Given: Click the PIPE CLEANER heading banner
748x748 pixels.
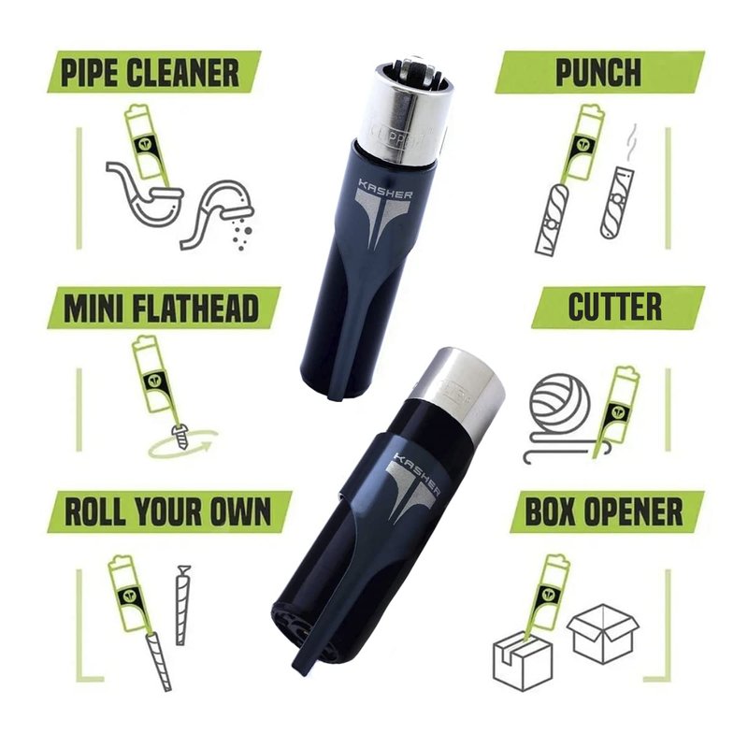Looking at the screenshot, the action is (153, 72).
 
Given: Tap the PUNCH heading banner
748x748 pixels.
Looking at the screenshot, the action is (599, 72).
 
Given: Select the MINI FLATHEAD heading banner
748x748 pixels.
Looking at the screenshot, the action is (164, 308).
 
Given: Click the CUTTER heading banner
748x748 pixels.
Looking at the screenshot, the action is (618, 308).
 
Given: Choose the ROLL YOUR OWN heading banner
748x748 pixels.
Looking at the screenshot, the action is (169, 511).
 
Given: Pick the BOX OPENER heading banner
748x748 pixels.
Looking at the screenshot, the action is (607, 511).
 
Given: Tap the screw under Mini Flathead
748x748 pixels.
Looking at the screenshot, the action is (181, 436).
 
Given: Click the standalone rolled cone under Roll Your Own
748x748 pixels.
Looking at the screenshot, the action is (182, 605).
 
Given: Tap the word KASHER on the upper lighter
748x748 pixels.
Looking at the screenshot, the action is (384, 188).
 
